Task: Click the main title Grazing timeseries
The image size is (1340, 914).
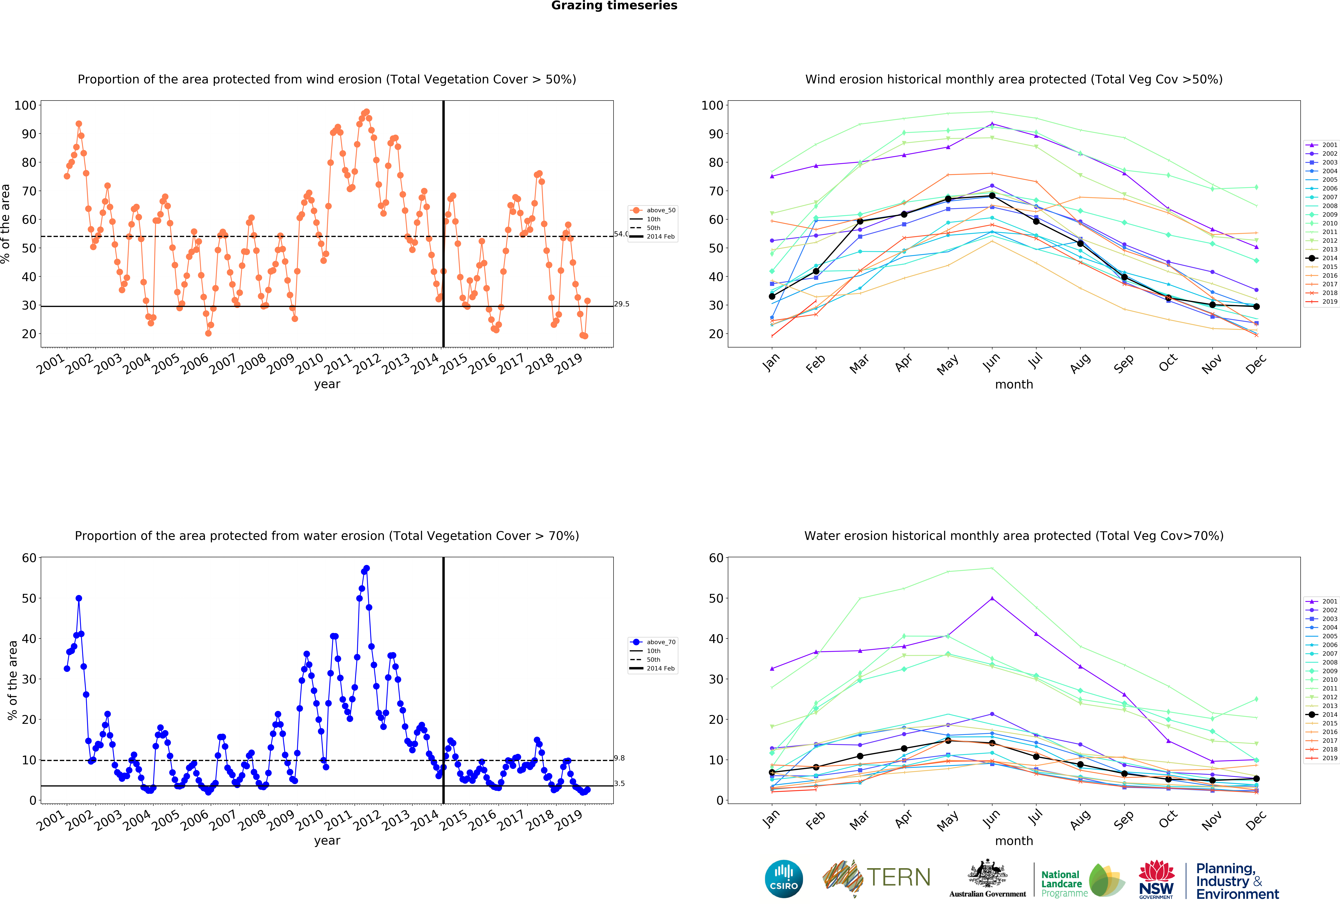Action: coord(614,6)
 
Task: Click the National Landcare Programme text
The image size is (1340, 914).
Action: coord(1064,883)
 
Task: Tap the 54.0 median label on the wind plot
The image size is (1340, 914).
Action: coord(620,234)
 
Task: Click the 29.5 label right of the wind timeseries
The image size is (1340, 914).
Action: coord(622,304)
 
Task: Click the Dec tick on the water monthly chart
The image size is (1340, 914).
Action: coord(1255,819)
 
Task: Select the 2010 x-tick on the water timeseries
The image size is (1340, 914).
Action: coord(310,819)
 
